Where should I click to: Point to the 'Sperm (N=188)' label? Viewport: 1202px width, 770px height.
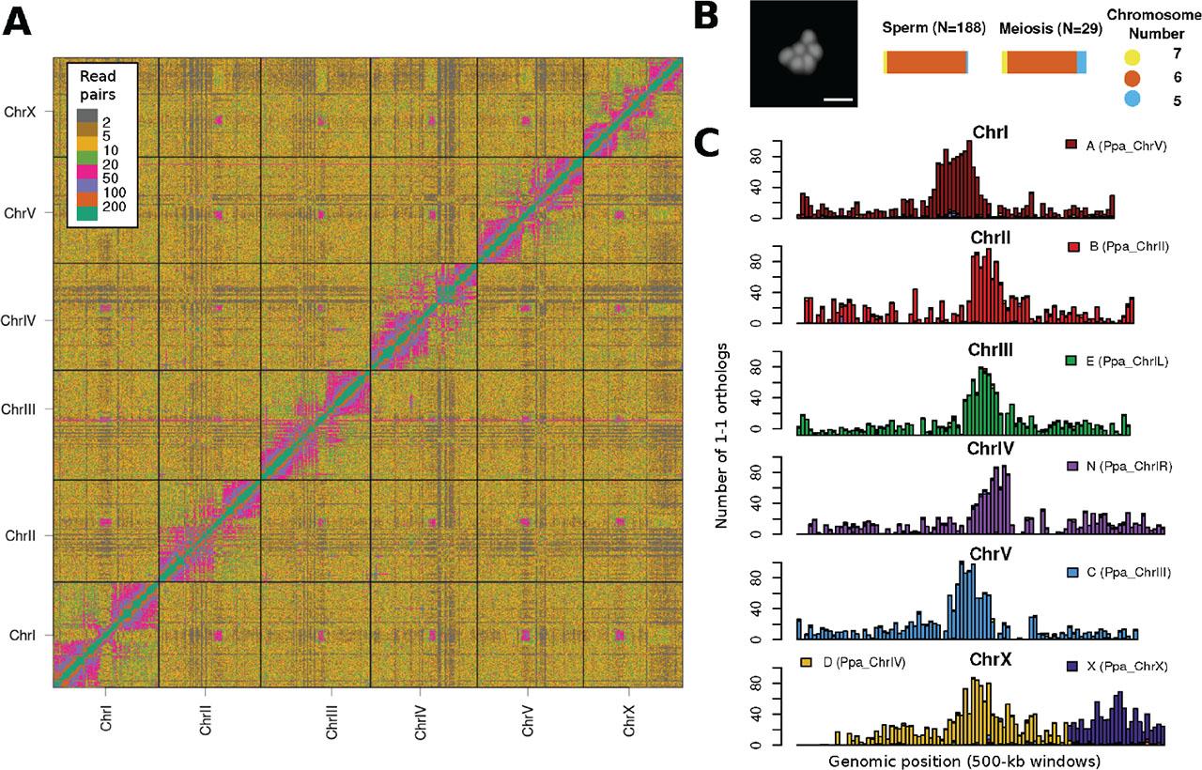933,28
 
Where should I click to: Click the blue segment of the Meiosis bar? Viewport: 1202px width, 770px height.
1081,62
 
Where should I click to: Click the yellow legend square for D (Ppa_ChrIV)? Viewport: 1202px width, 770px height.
806,663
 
